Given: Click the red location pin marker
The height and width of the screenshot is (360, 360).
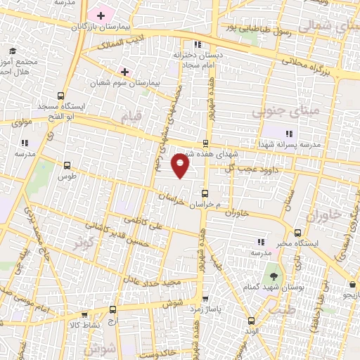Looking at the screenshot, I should coord(181,166).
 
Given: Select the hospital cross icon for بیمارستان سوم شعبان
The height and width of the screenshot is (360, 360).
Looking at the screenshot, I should coord(125,72).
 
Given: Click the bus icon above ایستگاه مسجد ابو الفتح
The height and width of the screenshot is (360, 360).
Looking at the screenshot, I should coord(60,96).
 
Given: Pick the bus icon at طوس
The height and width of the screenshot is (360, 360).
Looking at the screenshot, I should coord(67,166).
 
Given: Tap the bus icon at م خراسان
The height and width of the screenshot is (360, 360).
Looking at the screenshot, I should coord(205,193).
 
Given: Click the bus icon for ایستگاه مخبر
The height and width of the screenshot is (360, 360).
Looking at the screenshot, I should coord(297,233).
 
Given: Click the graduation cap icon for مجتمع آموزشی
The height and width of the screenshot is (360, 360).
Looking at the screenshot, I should coord(12,51).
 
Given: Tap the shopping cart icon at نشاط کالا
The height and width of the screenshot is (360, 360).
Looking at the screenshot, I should coord(85,316).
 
